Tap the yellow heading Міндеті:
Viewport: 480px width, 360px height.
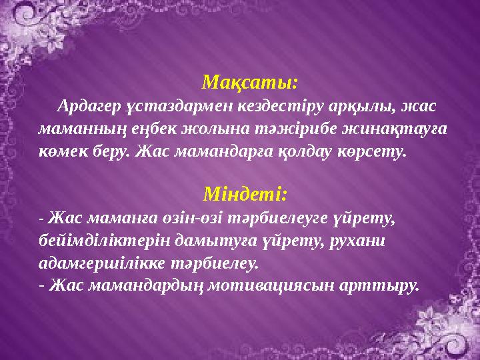tap(245, 195)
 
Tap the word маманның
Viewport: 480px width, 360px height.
tap(73, 129)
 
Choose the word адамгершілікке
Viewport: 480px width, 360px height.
tap(96, 263)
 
